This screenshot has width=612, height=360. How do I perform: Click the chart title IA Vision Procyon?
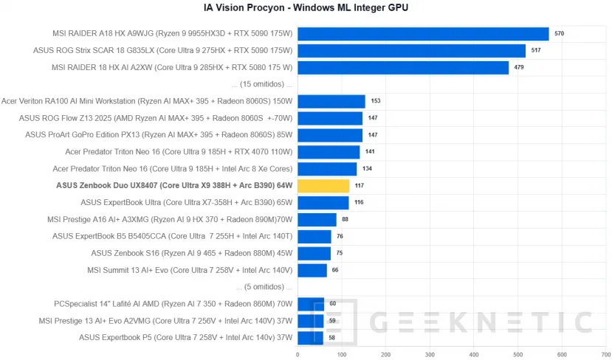(306, 8)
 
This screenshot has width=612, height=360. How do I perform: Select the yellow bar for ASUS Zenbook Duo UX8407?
(323, 186)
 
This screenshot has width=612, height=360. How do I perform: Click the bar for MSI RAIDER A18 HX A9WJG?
(423, 34)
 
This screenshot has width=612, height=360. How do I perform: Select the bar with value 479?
(403, 68)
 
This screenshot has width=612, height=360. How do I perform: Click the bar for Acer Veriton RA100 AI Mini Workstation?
(331, 102)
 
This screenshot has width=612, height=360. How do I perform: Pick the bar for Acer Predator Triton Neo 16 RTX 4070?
(329, 152)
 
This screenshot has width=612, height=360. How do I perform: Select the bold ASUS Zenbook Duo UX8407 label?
(174, 186)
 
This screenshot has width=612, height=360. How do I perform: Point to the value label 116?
(358, 203)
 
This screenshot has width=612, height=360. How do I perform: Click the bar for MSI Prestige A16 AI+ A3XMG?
(317, 220)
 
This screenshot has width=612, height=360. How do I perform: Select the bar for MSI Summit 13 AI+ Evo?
(312, 270)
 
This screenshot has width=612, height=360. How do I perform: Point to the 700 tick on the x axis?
(605, 354)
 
